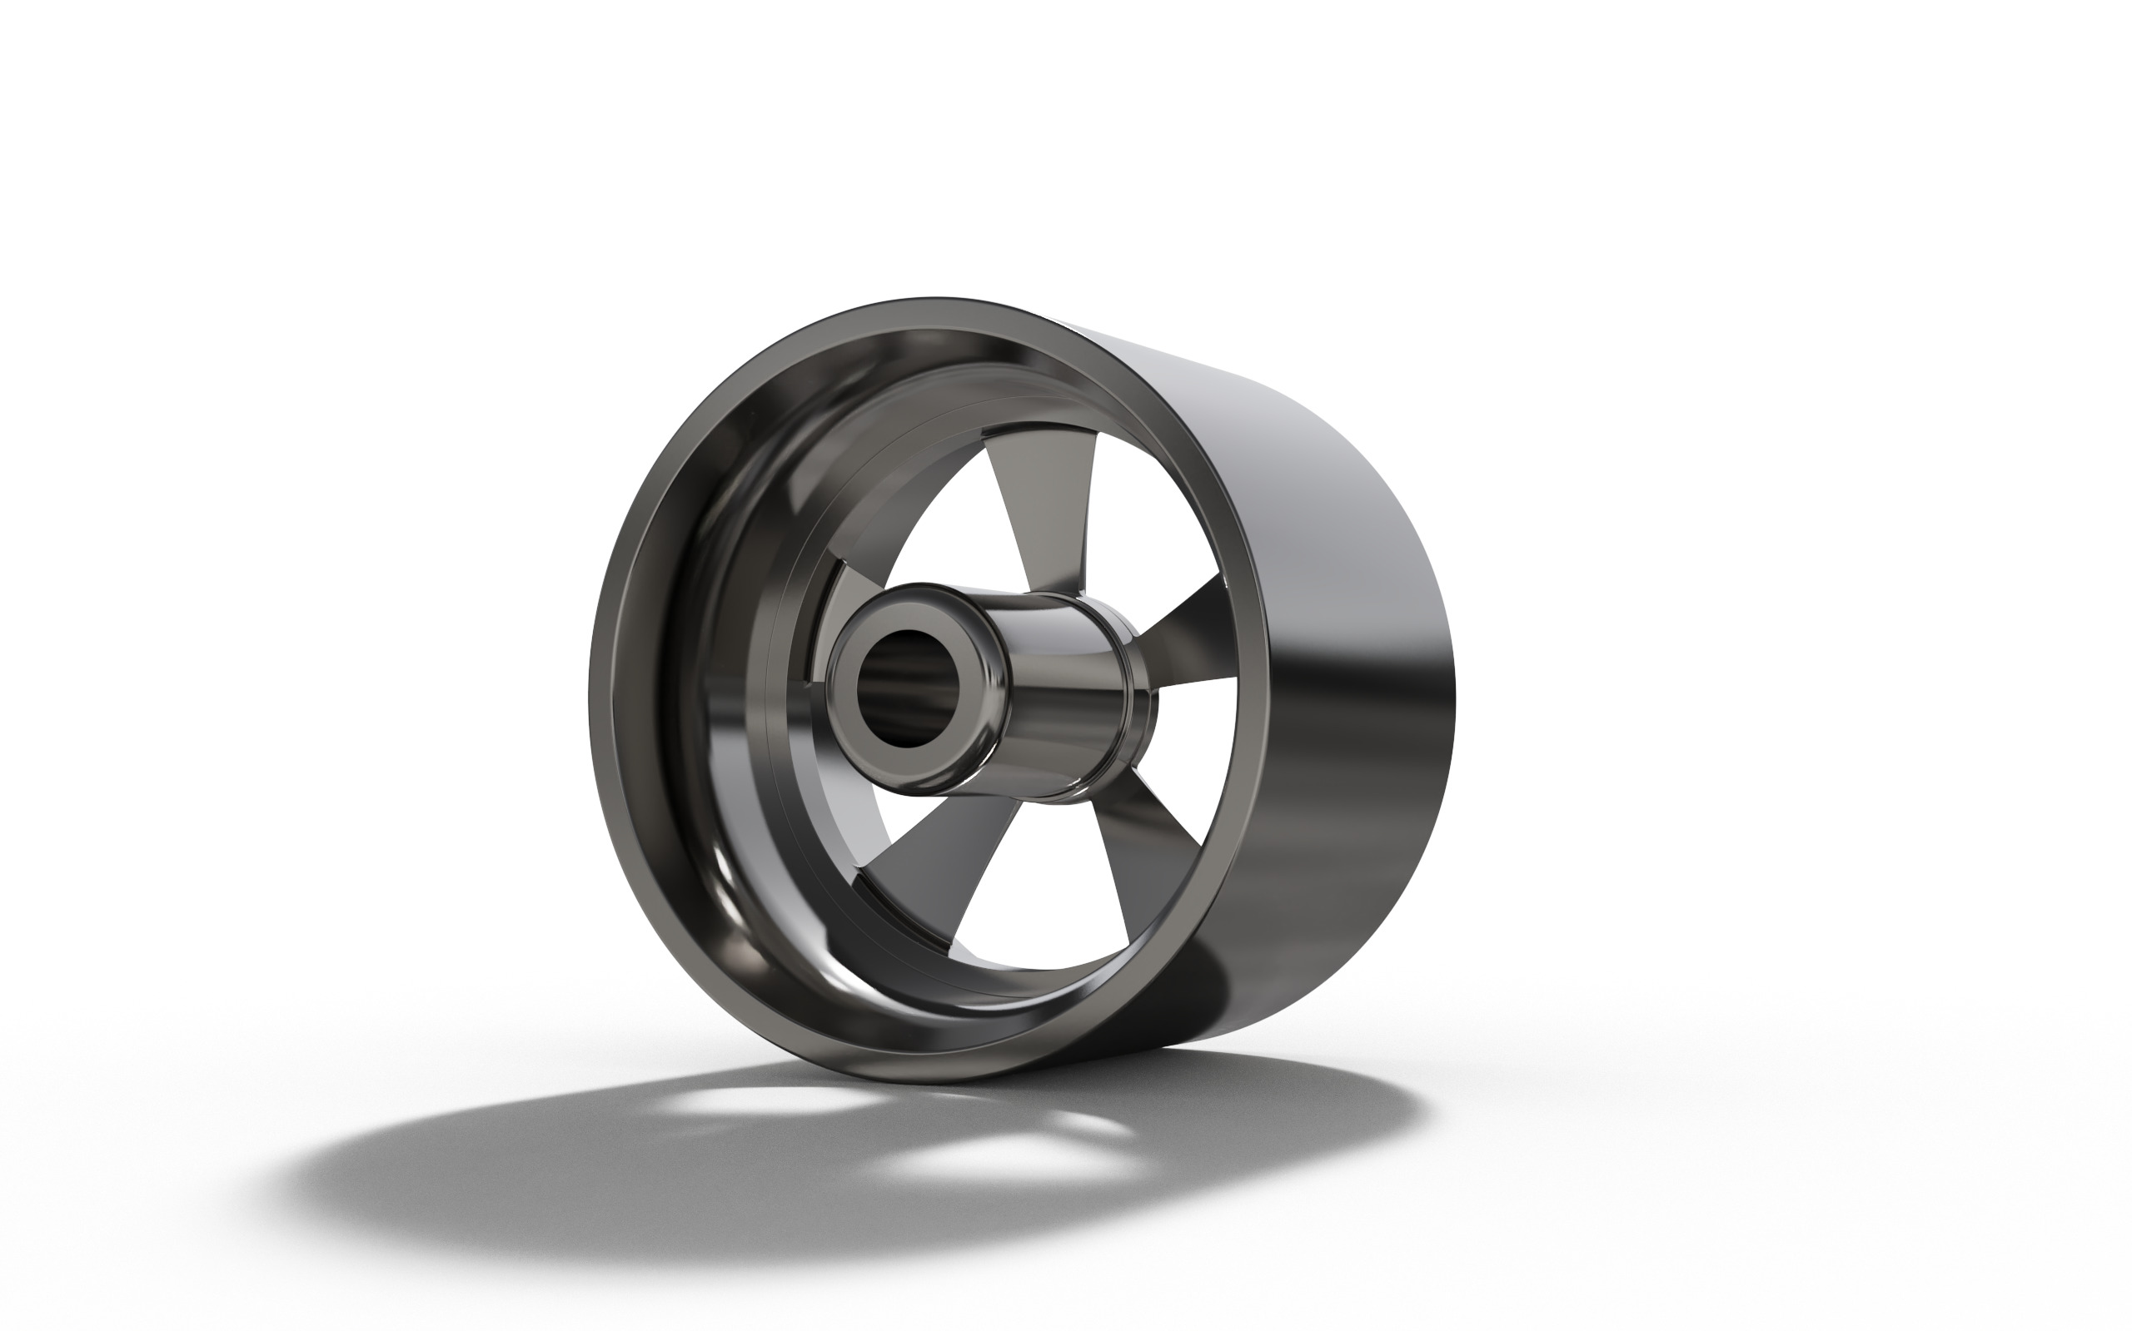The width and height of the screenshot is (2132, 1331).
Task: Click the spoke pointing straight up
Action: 1039,510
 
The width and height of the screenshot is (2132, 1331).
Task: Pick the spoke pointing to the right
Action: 1180,633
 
